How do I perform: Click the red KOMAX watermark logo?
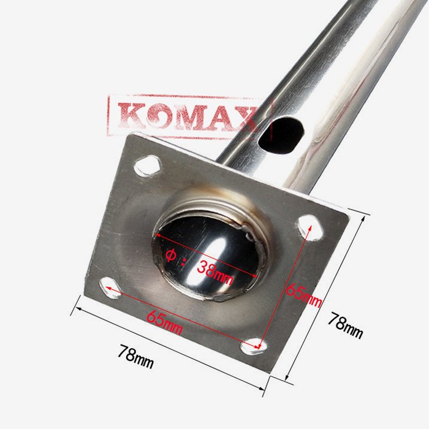pyautogui.click(x=189, y=116)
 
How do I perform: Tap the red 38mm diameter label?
pyautogui.click(x=214, y=272)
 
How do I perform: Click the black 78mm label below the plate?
pyautogui.click(x=135, y=356)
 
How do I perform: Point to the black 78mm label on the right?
pyautogui.click(x=346, y=325)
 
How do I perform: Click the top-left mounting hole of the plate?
pyautogui.click(x=148, y=165)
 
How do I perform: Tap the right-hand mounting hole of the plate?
pyautogui.click(x=310, y=228)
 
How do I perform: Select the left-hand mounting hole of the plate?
pyautogui.click(x=110, y=287)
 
